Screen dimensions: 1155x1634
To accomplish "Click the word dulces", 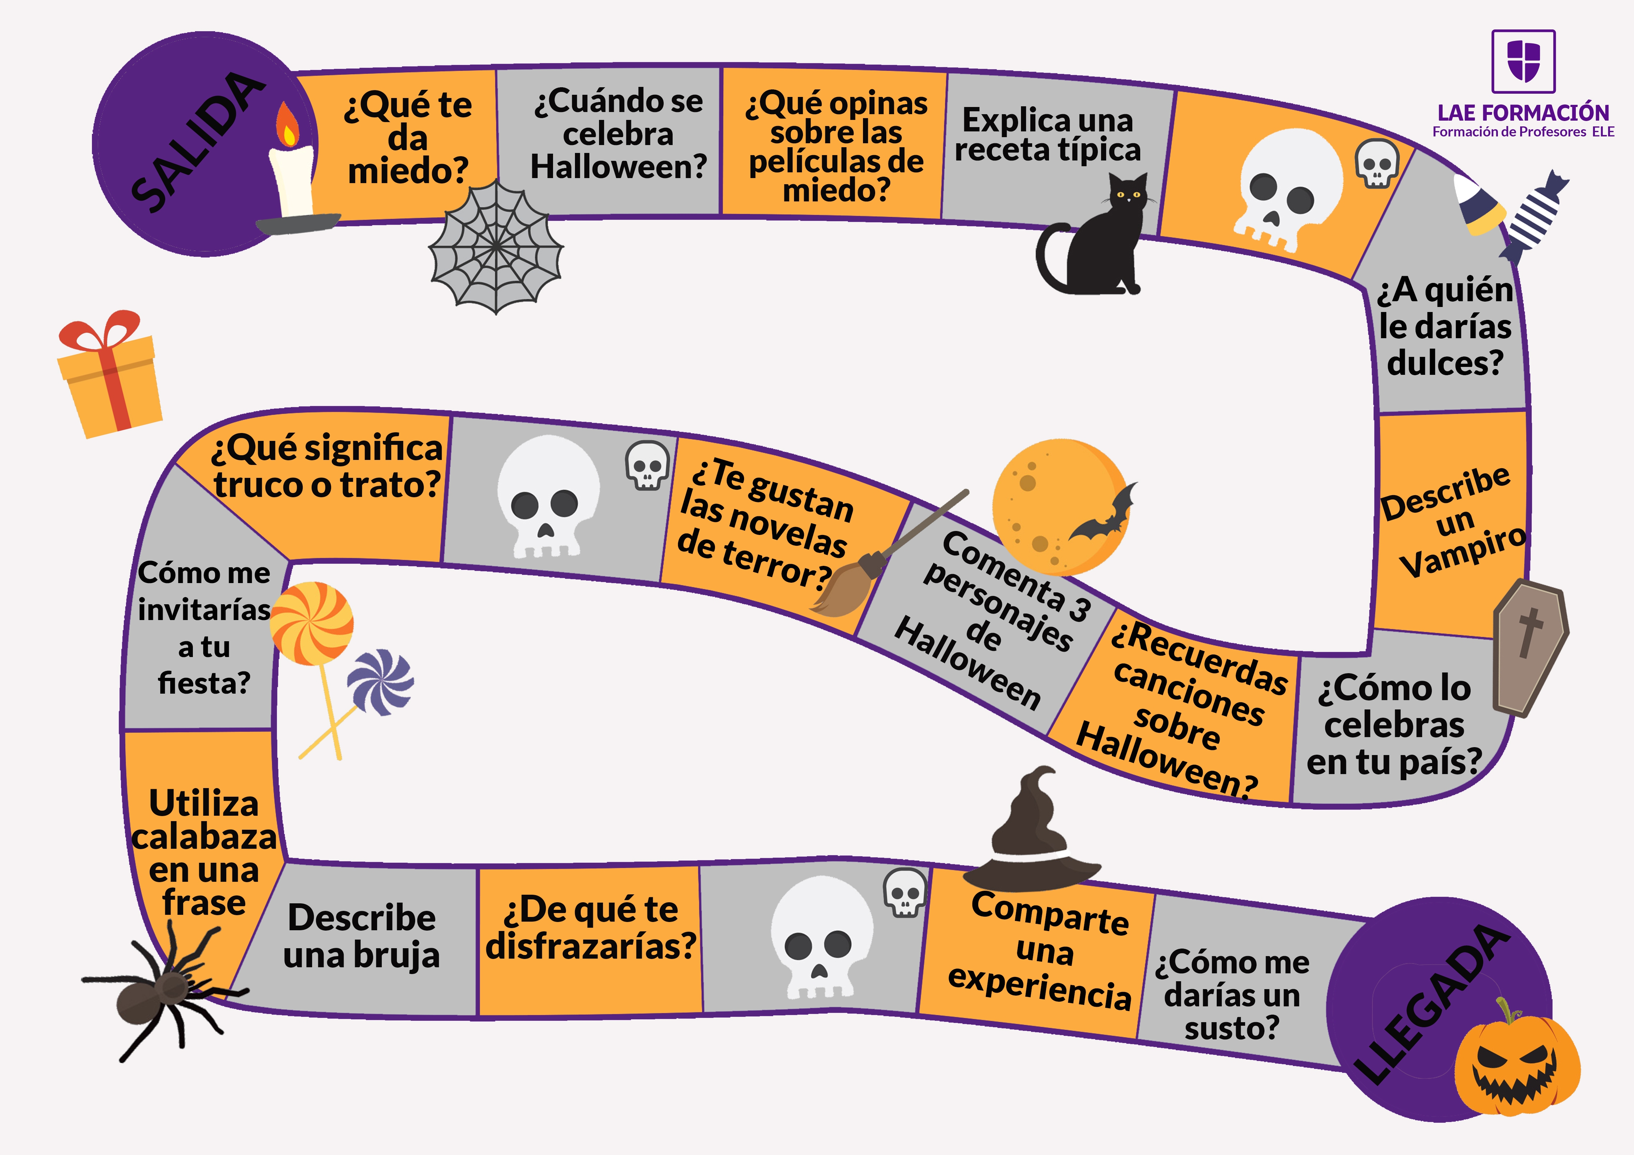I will click(x=1445, y=363).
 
